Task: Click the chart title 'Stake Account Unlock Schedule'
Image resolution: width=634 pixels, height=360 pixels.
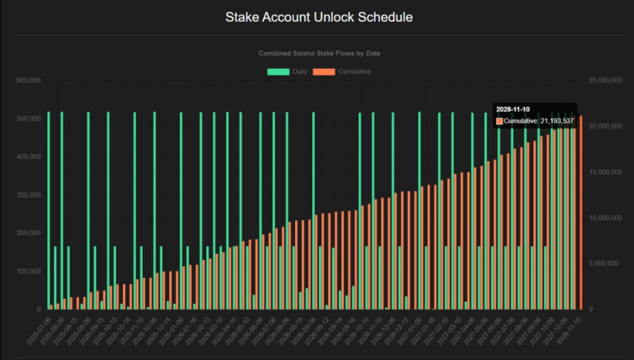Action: [x=317, y=16]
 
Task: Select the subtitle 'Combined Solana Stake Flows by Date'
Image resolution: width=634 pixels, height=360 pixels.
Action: [x=317, y=53]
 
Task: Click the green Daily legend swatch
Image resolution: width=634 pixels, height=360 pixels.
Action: [x=278, y=72]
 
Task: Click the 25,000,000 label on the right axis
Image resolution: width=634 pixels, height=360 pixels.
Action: [x=605, y=80]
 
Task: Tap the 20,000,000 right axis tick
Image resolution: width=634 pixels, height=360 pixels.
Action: [x=605, y=126]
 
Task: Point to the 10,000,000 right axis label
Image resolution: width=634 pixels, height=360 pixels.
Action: [x=605, y=218]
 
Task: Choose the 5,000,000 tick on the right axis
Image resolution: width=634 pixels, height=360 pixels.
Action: [x=607, y=263]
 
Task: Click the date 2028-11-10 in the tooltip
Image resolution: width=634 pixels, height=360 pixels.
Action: [x=513, y=110]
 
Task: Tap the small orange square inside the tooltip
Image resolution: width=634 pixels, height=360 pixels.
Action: [x=499, y=121]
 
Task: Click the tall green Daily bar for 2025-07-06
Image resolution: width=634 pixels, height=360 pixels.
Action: [x=48, y=210]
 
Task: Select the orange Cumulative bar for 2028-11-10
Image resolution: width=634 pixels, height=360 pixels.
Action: [x=581, y=212]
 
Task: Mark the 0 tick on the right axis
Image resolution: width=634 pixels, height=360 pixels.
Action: [x=592, y=309]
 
